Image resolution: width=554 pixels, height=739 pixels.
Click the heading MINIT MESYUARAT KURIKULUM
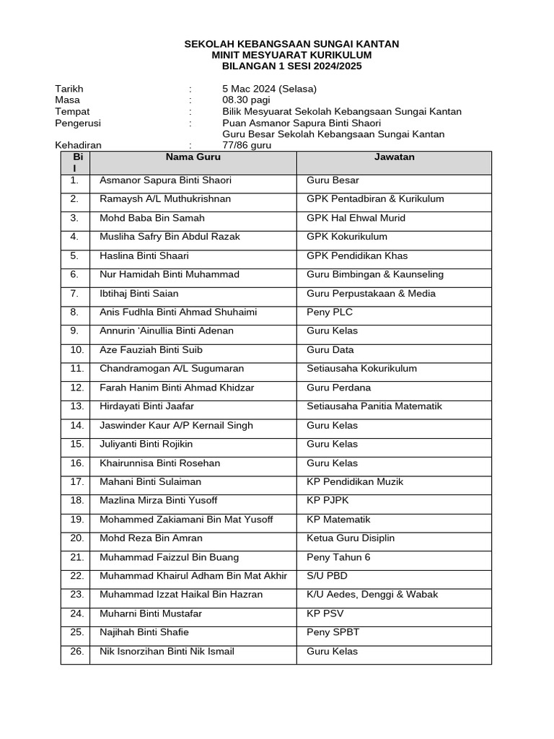click(x=291, y=55)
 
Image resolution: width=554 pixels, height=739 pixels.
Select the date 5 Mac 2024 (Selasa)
click(x=270, y=89)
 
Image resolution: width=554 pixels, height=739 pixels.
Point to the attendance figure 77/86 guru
click(x=247, y=145)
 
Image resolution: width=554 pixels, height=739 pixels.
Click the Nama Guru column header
click(x=193, y=157)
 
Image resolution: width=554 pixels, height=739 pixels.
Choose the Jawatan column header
click(x=394, y=157)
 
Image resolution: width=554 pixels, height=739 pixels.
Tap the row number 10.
click(x=77, y=350)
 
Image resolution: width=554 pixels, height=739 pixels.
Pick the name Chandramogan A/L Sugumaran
click(x=172, y=369)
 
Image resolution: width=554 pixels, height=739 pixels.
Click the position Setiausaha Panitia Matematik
click(x=374, y=406)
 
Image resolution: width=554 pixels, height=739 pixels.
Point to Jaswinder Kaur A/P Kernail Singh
click(x=176, y=426)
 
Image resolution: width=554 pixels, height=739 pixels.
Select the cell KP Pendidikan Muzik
click(x=355, y=482)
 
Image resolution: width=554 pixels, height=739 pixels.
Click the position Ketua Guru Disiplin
click(x=351, y=538)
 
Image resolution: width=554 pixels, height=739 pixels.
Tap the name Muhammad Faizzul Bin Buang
click(x=170, y=557)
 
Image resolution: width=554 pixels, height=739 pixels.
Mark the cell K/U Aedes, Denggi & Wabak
click(x=372, y=595)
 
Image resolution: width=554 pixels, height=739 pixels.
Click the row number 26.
click(x=77, y=652)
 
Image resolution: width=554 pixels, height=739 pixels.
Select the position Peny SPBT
click(x=333, y=633)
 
